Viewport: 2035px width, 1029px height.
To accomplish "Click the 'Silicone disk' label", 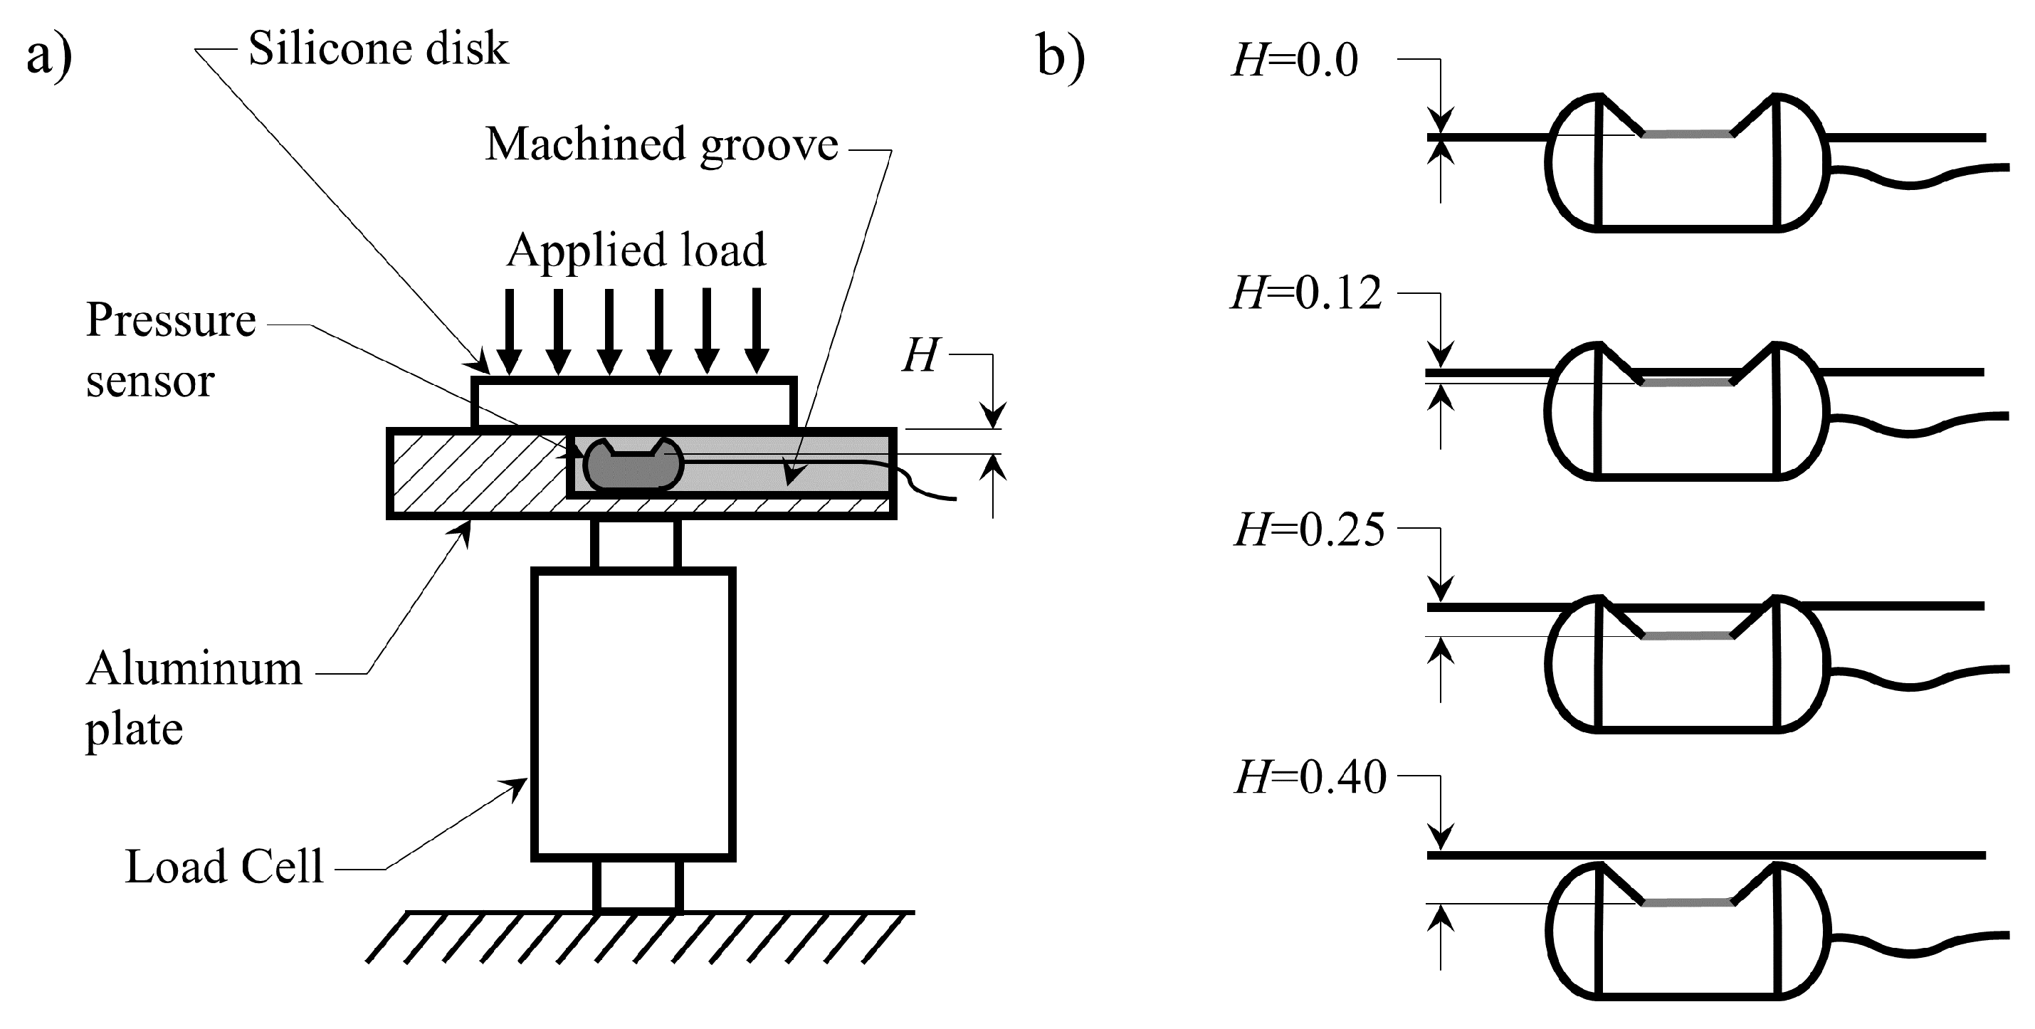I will click(378, 49).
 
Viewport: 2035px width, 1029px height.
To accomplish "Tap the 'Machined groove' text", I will click(661, 145).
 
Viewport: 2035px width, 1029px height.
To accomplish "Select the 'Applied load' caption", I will click(636, 250).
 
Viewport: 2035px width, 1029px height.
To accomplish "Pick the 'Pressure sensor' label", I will click(170, 350).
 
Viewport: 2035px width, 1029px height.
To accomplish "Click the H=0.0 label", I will click(1295, 60).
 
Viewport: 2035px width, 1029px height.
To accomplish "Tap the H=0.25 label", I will click(1309, 529).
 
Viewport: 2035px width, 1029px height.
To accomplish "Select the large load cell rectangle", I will click(633, 713).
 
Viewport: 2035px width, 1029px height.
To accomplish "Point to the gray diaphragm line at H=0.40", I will click(1688, 902).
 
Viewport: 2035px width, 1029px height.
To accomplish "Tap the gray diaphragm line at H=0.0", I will click(1688, 135).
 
